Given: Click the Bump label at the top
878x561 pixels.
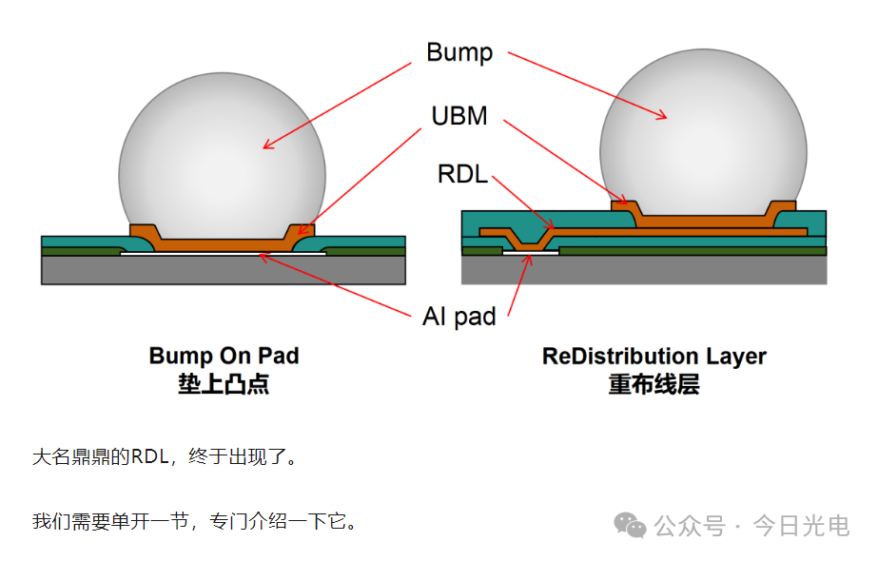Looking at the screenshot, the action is tap(459, 53).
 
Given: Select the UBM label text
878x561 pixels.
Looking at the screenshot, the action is tap(459, 116).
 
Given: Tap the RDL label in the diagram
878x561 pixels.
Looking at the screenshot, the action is tap(462, 174).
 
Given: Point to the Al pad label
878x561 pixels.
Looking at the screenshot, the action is tap(459, 317).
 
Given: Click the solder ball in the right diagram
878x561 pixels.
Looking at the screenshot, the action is tap(703, 134).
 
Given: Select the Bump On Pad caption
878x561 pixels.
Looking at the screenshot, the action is tap(224, 356).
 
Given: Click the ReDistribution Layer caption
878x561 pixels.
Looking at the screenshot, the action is tap(654, 357).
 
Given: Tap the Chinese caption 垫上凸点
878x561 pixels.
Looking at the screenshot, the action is tap(224, 384).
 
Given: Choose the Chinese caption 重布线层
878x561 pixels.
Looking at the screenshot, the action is tap(654, 385).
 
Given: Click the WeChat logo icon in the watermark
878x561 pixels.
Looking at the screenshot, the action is tap(630, 525).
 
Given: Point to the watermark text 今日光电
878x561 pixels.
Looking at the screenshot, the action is tap(801, 526).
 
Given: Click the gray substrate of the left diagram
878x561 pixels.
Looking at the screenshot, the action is tap(224, 270).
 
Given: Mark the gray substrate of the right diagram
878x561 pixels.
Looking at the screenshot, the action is tap(644, 270).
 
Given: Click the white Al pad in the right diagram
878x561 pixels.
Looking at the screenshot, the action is tap(531, 253).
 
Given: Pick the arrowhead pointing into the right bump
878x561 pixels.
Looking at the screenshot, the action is tap(662, 115).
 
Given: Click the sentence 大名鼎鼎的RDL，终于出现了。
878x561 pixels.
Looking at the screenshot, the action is tap(164, 456).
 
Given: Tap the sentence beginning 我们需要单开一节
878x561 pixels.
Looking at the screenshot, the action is tap(194, 521).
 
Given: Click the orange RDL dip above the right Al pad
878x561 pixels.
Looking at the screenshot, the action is tap(529, 243).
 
